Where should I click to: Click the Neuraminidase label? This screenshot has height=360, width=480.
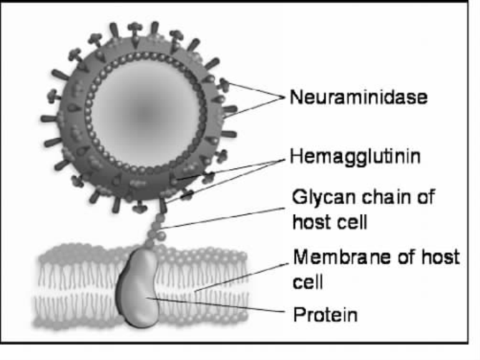358,97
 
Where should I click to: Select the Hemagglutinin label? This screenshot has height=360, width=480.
355,157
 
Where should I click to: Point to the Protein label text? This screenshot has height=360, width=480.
325,314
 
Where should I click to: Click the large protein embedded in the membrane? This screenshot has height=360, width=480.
138,288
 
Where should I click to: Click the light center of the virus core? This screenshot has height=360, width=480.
145,115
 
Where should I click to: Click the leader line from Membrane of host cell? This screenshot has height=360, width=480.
242,277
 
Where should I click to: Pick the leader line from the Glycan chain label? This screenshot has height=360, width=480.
223,218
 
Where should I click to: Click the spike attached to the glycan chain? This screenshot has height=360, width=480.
162,205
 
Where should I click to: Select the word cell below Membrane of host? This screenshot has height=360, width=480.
308,282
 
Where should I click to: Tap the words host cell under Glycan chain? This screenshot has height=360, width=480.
330,222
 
